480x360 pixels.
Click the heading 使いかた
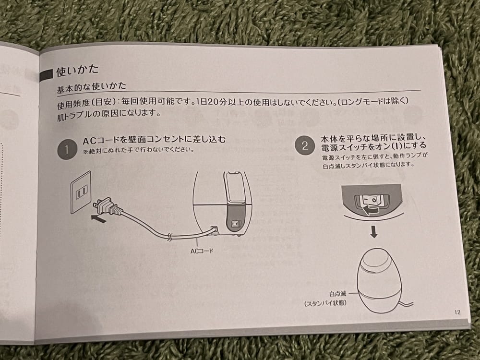pyautogui.click(x=77, y=71)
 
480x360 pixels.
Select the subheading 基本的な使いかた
pyautogui.click(x=91, y=87)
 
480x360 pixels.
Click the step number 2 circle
pyautogui.click(x=305, y=145)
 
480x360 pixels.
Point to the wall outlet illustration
pyautogui.click(x=81, y=192)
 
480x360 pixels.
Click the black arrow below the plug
pyautogui.click(x=98, y=218)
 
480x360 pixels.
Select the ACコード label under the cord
pyautogui.click(x=202, y=251)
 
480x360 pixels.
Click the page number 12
pyautogui.click(x=457, y=312)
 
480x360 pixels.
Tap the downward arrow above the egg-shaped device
pyautogui.click(x=374, y=232)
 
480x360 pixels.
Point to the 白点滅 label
pyautogui.click(x=337, y=294)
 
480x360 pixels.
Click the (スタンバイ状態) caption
pyautogui.click(x=325, y=303)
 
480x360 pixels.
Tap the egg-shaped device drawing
pyautogui.click(x=379, y=280)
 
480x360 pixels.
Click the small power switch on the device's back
pyautogui.click(x=235, y=224)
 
